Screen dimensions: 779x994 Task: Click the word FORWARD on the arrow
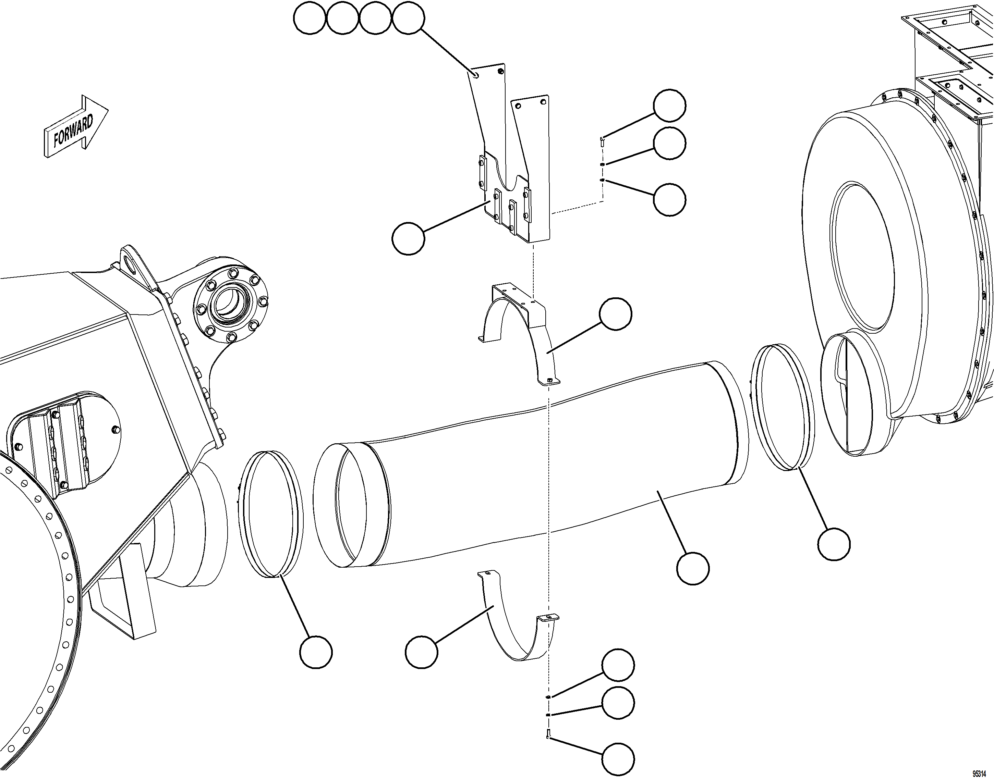tap(73, 131)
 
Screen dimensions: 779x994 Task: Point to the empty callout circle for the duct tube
tap(693, 568)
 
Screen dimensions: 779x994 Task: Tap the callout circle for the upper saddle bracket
tap(616, 314)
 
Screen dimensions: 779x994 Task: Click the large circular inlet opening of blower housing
tap(863, 256)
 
